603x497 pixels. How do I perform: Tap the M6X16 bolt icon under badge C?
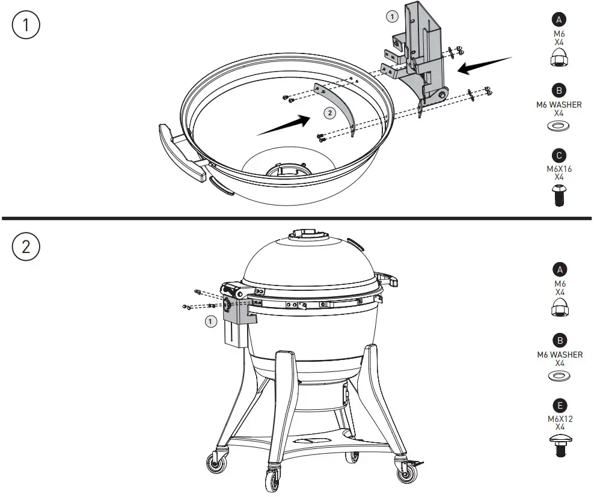[559, 195]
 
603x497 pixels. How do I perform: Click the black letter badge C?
[559, 155]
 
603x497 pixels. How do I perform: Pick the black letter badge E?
[559, 406]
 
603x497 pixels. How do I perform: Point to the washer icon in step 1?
[559, 126]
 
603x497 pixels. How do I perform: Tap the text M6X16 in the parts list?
[559, 169]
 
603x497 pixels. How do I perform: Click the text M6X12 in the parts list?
[559, 419]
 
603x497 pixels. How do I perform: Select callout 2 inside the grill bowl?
[329, 112]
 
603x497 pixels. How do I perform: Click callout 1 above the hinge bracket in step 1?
[392, 17]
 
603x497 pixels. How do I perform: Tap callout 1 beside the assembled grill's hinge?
[210, 322]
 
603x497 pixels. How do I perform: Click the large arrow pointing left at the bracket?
[484, 65]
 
